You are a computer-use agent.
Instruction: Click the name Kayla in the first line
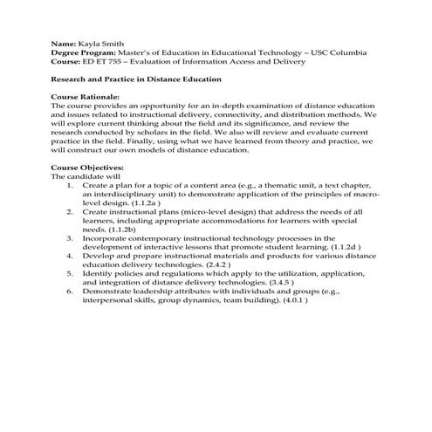point(90,43)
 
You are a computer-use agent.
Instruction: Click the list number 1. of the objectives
point(70,185)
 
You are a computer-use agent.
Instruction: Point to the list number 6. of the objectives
point(70,291)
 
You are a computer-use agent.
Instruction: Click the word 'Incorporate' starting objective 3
point(107,238)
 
